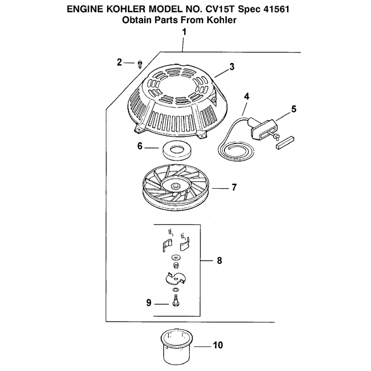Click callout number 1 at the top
pos(184,32)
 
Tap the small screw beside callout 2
pos(140,64)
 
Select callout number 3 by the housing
pos(232,67)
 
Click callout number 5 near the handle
pos(294,109)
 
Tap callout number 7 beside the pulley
pos(234,187)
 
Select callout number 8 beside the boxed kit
pos(219,261)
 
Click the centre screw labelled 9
pos(175,301)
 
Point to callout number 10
pos(218,345)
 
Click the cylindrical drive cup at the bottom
pos(176,346)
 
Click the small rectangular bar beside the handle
pos(285,142)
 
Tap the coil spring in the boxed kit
pos(176,265)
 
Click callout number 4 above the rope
pos(247,96)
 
